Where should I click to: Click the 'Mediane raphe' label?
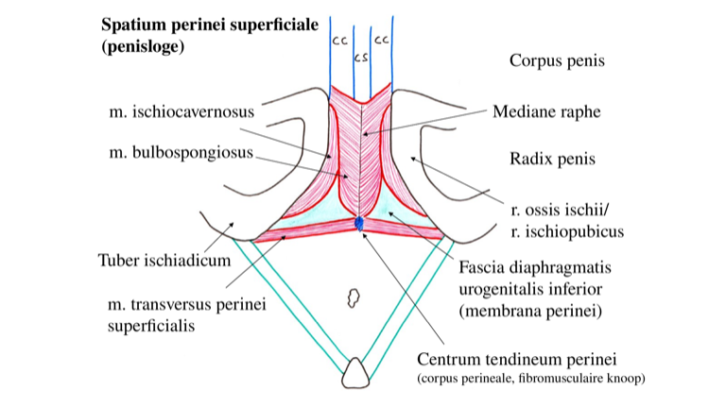tap(546, 111)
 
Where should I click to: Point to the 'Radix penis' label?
tap(552, 159)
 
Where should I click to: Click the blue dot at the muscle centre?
tap(359, 224)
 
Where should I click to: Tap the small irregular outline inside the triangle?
tap(355, 298)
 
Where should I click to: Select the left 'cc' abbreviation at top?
tap(339, 41)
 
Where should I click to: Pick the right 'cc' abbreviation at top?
tap(382, 41)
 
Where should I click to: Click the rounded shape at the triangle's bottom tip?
tap(356, 372)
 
